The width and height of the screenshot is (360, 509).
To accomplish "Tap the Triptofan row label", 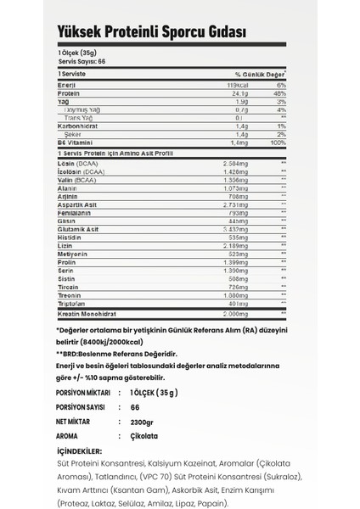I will (70, 304).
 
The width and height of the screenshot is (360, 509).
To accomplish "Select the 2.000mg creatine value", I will (232, 313).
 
